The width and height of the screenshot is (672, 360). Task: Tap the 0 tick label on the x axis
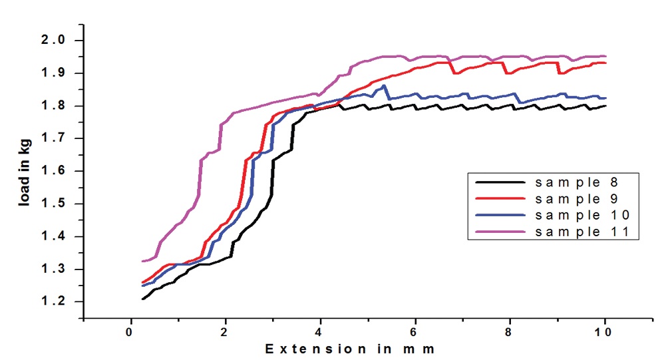130,332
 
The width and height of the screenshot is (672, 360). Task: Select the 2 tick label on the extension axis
226,332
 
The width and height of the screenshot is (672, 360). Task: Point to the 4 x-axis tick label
321,332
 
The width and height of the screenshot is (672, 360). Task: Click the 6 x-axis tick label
415,332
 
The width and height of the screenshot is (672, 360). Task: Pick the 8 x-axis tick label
510,332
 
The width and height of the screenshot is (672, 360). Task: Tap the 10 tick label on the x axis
605,332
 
